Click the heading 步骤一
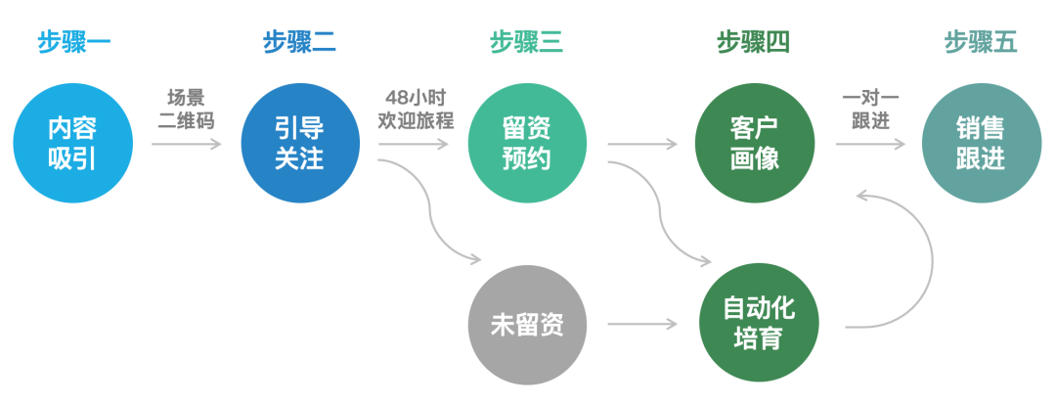tap(74, 42)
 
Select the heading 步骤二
tap(299, 42)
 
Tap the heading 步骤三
tap(526, 42)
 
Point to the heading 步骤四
tap(753, 42)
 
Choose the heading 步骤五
tap(981, 42)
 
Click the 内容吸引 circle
tap(72, 144)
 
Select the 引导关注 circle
tap(299, 144)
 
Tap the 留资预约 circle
tap(527, 144)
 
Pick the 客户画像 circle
tap(754, 144)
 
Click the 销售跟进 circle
tap(981, 144)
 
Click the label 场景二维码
tap(186, 110)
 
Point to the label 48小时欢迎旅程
tap(415, 110)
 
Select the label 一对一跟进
tap(869, 110)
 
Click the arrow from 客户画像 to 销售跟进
tap(869, 145)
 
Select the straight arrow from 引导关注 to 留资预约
tap(414, 145)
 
